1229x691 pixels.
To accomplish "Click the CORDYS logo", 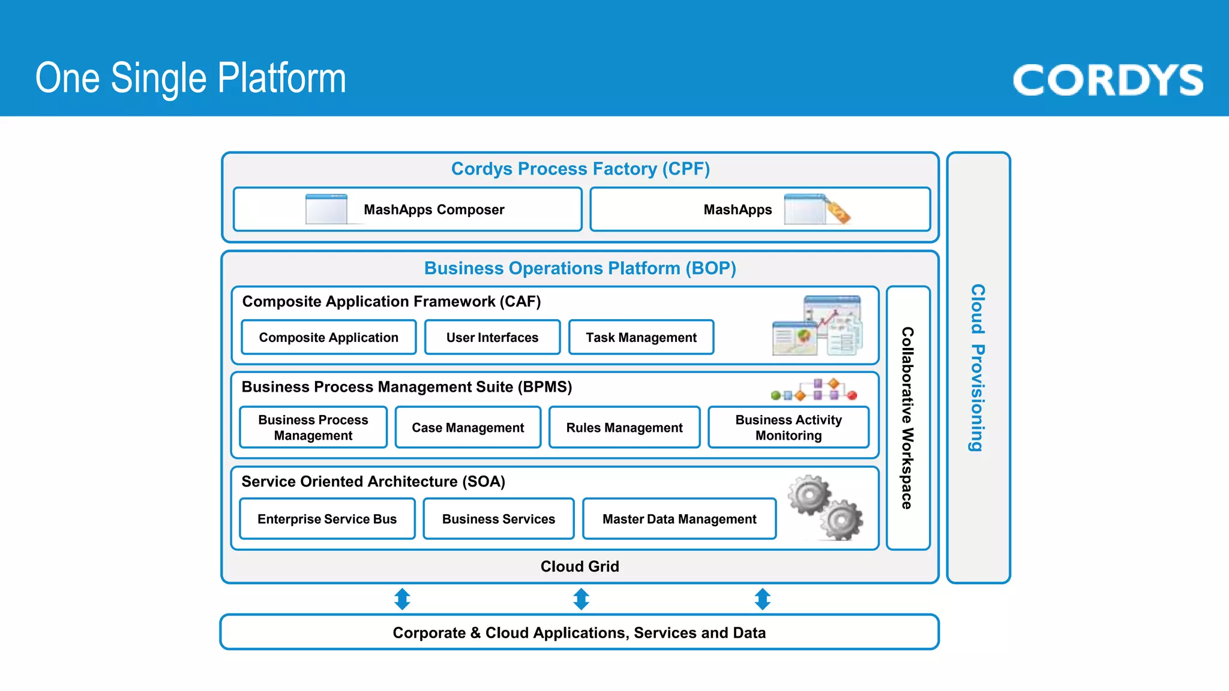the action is click(x=1108, y=80).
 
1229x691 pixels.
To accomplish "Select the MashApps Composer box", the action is click(x=407, y=209).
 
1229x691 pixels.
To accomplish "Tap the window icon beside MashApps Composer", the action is click(x=326, y=209).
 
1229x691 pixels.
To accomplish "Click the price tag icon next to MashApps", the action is click(x=838, y=211).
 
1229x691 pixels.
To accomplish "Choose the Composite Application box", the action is click(x=329, y=337).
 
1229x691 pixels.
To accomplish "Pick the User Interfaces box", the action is click(x=493, y=337).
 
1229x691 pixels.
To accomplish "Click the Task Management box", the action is click(x=642, y=337).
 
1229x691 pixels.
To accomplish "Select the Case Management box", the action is click(x=468, y=427).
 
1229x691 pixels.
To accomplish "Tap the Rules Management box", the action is click(x=625, y=427).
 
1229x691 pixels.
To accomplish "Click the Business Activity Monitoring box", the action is click(x=789, y=427).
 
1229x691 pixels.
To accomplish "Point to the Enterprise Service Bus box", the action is click(x=327, y=519).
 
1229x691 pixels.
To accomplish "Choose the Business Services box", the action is click(x=499, y=519).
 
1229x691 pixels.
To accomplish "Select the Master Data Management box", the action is click(x=679, y=519).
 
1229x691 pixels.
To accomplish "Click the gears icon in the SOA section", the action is click(x=826, y=507).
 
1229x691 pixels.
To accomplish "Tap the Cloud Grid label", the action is click(x=580, y=566).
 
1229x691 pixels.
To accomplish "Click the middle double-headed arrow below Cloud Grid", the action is click(x=581, y=599).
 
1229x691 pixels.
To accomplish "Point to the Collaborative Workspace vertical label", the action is click(x=907, y=418).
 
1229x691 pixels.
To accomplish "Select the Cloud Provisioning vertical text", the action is click(x=978, y=368).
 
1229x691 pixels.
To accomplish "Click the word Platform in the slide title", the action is click(x=282, y=79).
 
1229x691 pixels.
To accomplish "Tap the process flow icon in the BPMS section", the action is click(x=814, y=389).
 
